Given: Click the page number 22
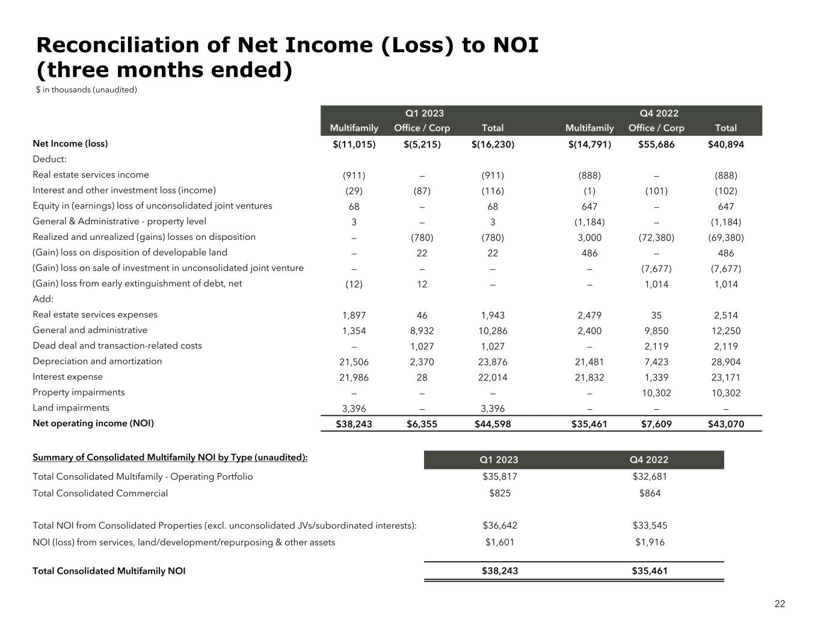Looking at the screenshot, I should point(779,604).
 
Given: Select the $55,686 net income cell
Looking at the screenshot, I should point(656,144).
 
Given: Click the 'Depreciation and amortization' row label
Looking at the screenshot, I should point(97,361).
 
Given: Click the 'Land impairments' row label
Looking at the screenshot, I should point(71,407).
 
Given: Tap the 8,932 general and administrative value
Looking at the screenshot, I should point(422,331).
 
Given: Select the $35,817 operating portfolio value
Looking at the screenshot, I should point(499,477).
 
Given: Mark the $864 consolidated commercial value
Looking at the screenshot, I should point(650,493).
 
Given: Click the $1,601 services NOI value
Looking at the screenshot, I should point(499,542).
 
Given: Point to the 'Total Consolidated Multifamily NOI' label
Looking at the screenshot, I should point(109,571).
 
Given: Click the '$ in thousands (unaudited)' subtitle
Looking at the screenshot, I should point(87,90).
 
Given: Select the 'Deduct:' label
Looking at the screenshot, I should point(49,159).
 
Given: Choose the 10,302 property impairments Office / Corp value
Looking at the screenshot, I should point(656,392).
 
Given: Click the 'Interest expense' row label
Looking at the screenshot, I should point(67,377).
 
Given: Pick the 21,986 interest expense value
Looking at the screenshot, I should point(354,377).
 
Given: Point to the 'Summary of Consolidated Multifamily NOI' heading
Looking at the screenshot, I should point(170,457).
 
